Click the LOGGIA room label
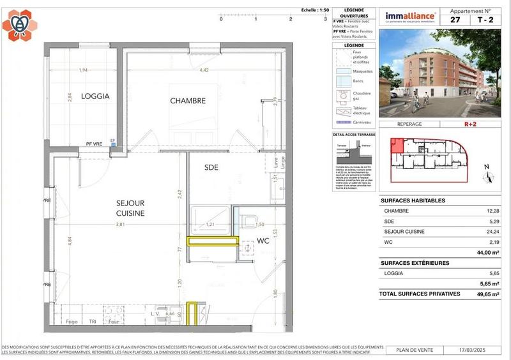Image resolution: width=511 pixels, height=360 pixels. coord(95,96)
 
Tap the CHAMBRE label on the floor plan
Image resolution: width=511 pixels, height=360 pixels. coord(187,101)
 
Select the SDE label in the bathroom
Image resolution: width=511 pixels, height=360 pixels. coord(211,167)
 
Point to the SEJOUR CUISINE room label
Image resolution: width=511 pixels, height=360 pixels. coord(130,207)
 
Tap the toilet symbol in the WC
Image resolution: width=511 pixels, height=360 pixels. coord(248,221)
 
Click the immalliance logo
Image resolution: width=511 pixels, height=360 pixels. coord(410,17)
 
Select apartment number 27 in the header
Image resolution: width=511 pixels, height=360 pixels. coord(455,20)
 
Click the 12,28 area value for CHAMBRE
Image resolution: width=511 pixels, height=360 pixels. coord(491,211)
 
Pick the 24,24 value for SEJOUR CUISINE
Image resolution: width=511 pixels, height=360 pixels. coord(491,231)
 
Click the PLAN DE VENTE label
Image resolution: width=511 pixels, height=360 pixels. coord(413,350)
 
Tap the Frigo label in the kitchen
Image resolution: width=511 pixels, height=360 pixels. coord(72,322)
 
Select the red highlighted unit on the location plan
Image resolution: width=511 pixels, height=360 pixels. coord(397,146)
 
